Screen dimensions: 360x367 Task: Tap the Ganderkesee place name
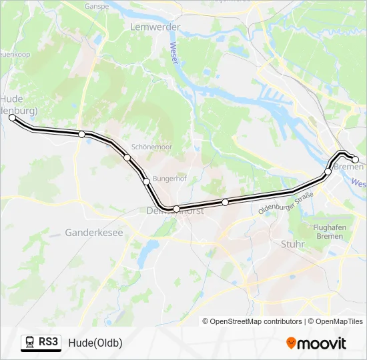94,233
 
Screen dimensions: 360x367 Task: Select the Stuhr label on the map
292,244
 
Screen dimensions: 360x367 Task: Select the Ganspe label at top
97,6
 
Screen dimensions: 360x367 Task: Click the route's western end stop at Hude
12,117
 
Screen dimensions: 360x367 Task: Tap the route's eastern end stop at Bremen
355,159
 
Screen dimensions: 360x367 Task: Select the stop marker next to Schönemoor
127,157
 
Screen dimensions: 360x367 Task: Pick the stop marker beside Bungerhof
145,181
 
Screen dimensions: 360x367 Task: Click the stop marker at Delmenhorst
176,209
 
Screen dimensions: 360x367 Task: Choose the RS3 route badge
41,343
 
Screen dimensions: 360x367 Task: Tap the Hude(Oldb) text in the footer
95,343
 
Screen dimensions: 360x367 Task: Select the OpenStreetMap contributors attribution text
252,321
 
